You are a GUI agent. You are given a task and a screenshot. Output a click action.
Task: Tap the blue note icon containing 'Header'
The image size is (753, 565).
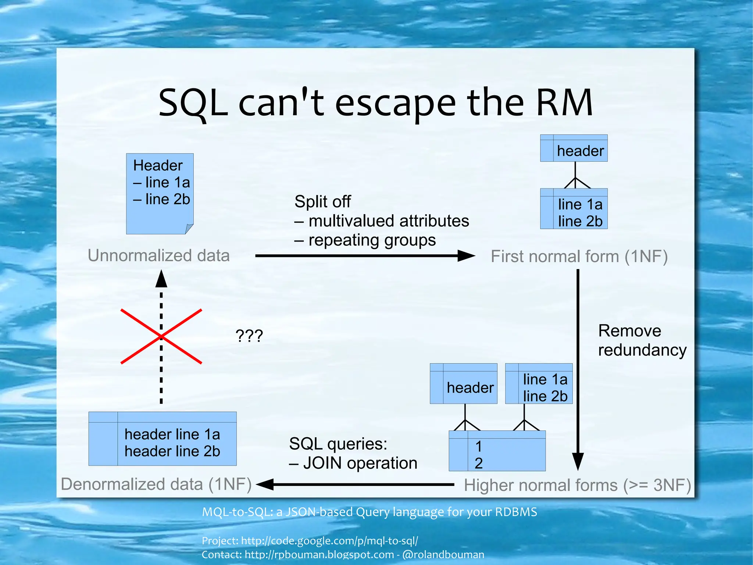click(x=160, y=194)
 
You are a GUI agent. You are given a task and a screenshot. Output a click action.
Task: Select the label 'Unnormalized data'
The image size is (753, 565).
click(x=158, y=255)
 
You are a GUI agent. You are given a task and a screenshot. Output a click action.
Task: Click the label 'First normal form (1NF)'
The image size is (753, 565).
click(x=579, y=257)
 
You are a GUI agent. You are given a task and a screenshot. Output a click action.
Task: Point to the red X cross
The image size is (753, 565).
click(x=161, y=336)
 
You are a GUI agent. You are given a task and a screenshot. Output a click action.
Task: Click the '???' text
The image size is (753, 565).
click(x=249, y=336)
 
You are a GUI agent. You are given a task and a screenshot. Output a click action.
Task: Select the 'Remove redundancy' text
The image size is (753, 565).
click(x=642, y=340)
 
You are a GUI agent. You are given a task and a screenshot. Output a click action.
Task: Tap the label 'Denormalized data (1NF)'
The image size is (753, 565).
click(x=156, y=484)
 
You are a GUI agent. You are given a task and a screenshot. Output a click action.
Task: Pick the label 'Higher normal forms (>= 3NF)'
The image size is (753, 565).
click(x=577, y=485)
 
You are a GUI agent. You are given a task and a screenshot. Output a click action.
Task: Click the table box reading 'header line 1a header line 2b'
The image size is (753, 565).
click(x=163, y=439)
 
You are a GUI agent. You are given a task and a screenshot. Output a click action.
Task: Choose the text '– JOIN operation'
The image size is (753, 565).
click(x=353, y=463)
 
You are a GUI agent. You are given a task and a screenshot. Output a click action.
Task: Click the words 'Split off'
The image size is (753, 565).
click(x=322, y=202)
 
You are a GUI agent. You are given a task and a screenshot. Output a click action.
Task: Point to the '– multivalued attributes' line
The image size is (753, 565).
click(x=382, y=221)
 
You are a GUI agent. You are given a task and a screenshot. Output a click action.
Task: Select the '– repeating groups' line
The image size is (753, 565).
click(x=365, y=240)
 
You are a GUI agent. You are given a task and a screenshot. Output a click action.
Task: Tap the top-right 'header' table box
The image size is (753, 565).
click(x=574, y=148)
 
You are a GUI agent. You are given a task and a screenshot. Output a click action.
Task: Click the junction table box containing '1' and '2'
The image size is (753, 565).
click(x=497, y=451)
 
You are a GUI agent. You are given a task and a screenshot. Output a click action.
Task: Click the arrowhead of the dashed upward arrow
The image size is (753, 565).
click(x=161, y=279)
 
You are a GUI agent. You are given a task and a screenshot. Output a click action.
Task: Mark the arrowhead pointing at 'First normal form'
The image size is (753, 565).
click(x=466, y=255)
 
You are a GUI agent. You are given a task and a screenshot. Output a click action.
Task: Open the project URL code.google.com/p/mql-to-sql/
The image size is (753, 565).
click(x=329, y=541)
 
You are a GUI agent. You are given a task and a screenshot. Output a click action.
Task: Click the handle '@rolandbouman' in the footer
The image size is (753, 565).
click(x=443, y=554)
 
